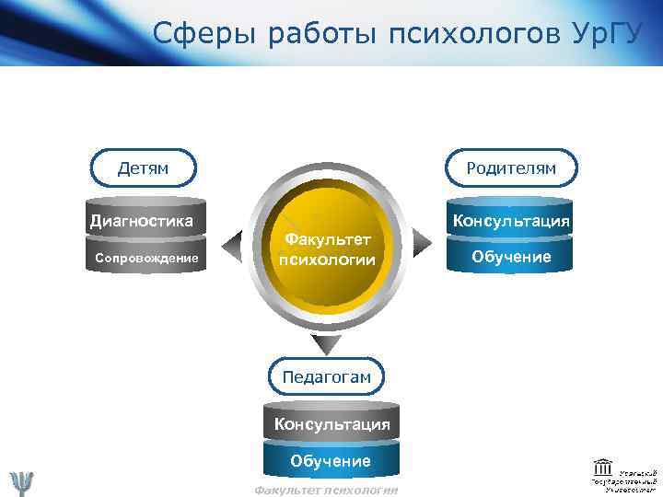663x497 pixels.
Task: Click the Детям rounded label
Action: pos(143,168)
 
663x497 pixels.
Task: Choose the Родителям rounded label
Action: pos(511,168)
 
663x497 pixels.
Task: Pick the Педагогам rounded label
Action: pos(327,376)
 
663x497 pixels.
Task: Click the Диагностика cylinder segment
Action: pos(142,221)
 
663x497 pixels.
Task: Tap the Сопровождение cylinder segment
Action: pos(146,259)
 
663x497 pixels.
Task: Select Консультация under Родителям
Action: pos(510,222)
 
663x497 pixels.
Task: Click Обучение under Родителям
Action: pos(511,257)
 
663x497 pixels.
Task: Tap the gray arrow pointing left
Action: pos(238,241)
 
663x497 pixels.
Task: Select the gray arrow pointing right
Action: pos(422,241)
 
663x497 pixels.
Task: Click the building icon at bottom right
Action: pos(604,466)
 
